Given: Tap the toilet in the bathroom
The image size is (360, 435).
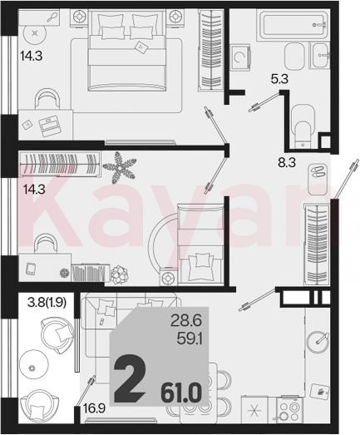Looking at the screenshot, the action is point(303,126).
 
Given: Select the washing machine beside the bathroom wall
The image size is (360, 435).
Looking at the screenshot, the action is point(240,57).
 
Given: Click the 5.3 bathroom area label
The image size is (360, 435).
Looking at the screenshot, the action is point(279,80).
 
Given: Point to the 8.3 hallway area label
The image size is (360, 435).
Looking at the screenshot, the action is point(287,162).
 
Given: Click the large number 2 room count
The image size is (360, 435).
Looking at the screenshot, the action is point(130,379).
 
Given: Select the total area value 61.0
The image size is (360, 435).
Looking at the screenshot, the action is point(181,393).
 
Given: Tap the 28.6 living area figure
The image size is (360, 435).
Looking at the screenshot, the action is point(186,322).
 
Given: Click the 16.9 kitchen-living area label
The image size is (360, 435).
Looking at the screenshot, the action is point(94,408).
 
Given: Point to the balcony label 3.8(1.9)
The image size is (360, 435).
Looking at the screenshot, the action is point(47,303).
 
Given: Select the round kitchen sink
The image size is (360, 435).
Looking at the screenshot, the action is point(318,343).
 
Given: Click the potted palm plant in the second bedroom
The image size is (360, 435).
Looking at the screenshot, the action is point(119,167).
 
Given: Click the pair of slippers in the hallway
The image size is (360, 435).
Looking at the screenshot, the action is point(318,171).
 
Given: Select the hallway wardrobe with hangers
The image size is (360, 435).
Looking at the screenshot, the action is point(317,245).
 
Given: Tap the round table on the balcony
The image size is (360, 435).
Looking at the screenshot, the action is point(32,368).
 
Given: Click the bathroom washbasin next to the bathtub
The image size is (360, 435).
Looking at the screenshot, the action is point(321,56).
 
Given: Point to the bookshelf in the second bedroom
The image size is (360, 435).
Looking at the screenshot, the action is point(88,273).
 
